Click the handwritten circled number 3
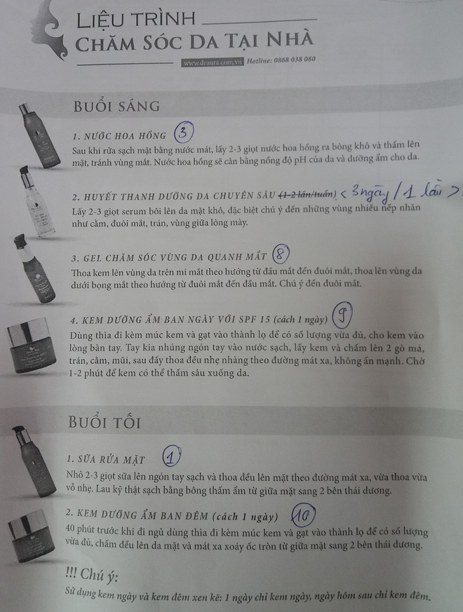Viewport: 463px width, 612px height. click(184, 132)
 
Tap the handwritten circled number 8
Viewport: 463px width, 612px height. click(281, 254)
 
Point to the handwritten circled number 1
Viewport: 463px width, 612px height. click(171, 457)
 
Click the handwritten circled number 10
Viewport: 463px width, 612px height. click(304, 517)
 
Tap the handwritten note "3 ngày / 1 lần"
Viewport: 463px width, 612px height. click(398, 193)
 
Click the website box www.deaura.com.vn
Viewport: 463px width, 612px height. click(212, 62)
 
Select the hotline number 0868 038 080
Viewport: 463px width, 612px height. click(294, 60)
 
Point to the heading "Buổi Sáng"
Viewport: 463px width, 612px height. click(116, 106)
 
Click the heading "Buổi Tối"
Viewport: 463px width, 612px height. click(105, 422)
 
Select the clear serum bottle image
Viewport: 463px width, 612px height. click(36, 201)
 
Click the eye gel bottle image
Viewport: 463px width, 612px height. click(34, 268)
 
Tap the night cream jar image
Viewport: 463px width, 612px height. click(32, 536)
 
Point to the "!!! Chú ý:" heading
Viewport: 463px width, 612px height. click(92, 575)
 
